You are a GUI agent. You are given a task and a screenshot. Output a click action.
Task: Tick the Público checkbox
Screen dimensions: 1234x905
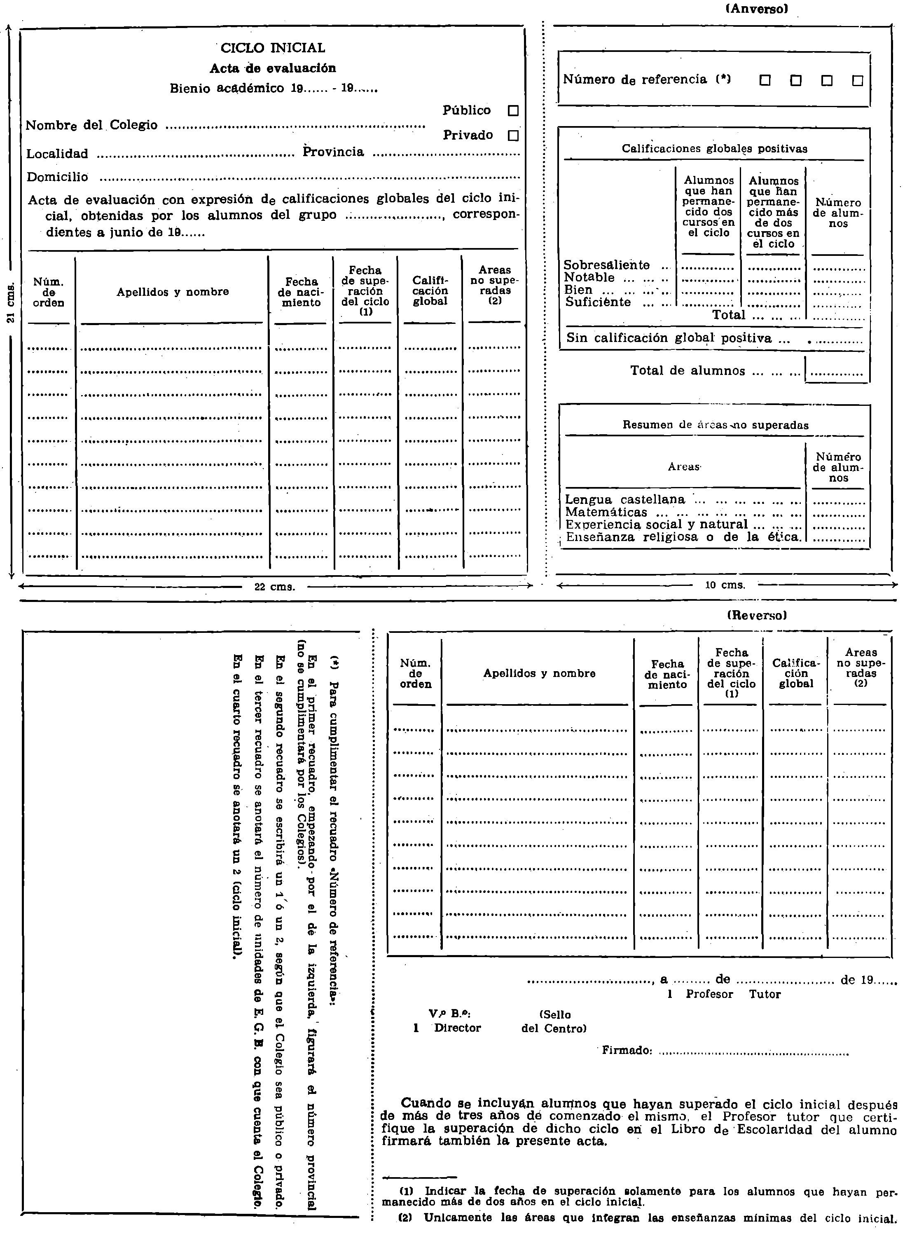(x=513, y=111)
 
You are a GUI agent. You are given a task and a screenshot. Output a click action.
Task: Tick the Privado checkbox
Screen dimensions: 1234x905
(x=513, y=135)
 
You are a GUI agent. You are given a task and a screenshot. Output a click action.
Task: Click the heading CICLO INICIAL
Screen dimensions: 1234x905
(x=273, y=48)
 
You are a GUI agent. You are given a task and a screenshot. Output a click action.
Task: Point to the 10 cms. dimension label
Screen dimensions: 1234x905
(x=725, y=585)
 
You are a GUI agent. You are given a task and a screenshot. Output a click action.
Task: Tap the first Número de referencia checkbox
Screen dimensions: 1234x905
(x=765, y=80)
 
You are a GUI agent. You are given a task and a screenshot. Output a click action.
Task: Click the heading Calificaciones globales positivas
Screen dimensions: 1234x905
(x=714, y=148)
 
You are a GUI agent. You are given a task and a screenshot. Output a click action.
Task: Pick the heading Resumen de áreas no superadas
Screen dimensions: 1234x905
(x=715, y=425)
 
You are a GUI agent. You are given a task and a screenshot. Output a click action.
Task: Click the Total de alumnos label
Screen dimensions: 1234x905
(x=687, y=371)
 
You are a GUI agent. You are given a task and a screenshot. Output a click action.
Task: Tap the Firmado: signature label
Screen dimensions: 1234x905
(x=627, y=1050)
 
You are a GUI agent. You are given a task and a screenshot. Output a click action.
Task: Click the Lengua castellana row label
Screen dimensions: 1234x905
(x=624, y=500)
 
